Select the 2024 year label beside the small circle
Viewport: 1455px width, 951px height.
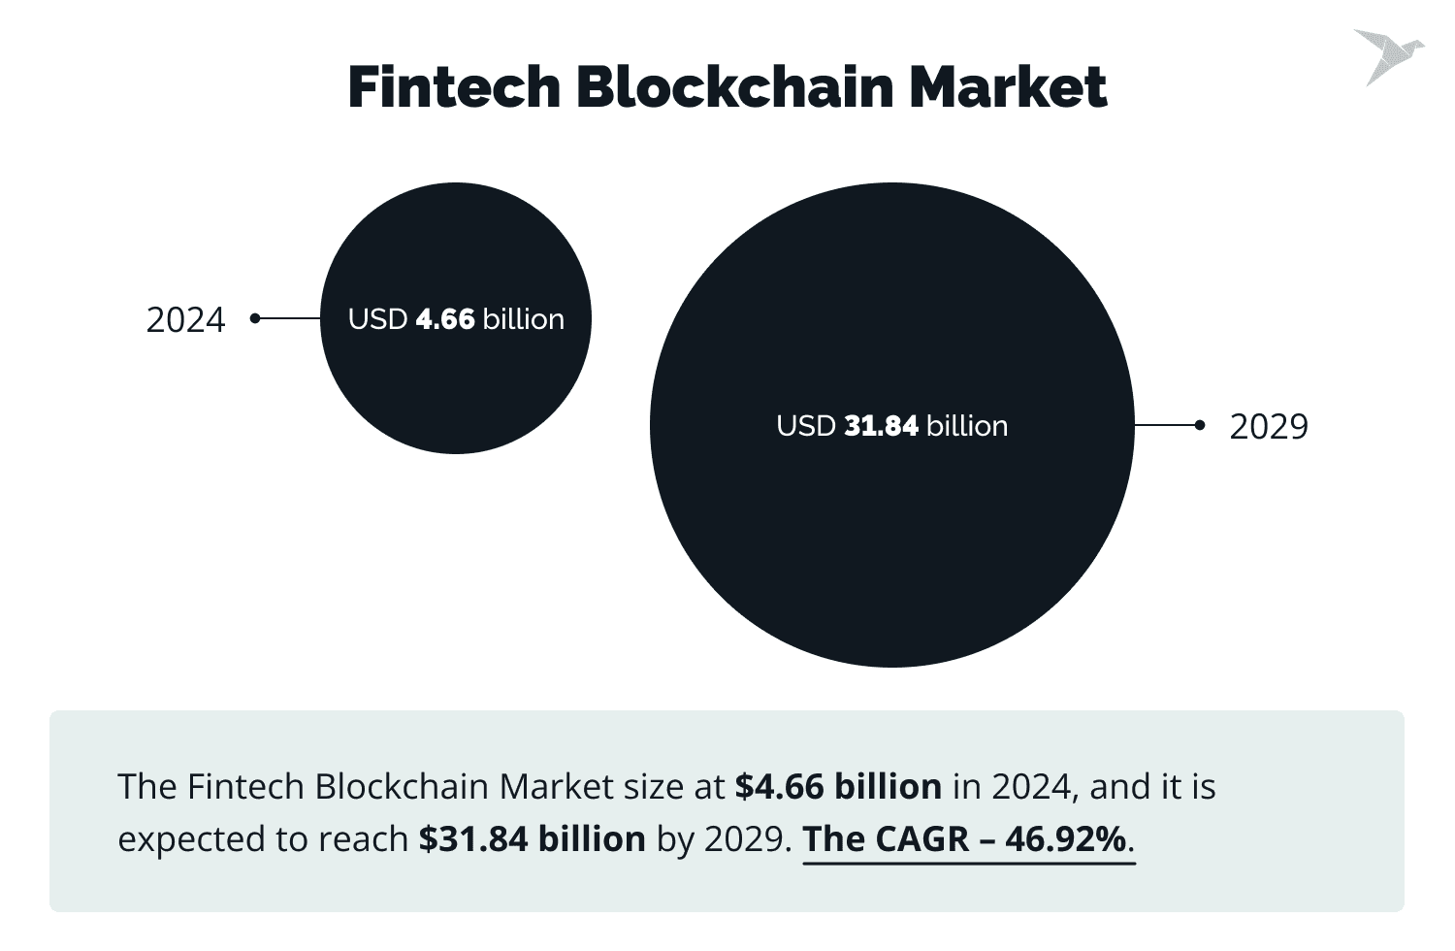(x=185, y=320)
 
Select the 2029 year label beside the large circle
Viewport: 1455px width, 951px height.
(x=1268, y=427)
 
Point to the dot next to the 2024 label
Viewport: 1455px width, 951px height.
(x=255, y=318)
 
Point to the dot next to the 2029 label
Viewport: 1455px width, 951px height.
(x=1200, y=425)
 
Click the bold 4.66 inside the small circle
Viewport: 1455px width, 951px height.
(x=445, y=319)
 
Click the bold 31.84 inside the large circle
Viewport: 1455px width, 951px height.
(x=881, y=426)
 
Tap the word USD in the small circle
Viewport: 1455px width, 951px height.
(x=377, y=319)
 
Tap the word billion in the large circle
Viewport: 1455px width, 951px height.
(x=967, y=426)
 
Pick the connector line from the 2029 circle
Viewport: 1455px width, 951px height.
(x=1166, y=425)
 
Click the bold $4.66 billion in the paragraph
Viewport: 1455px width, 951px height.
(x=838, y=786)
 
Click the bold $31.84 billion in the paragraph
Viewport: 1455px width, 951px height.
(x=532, y=838)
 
